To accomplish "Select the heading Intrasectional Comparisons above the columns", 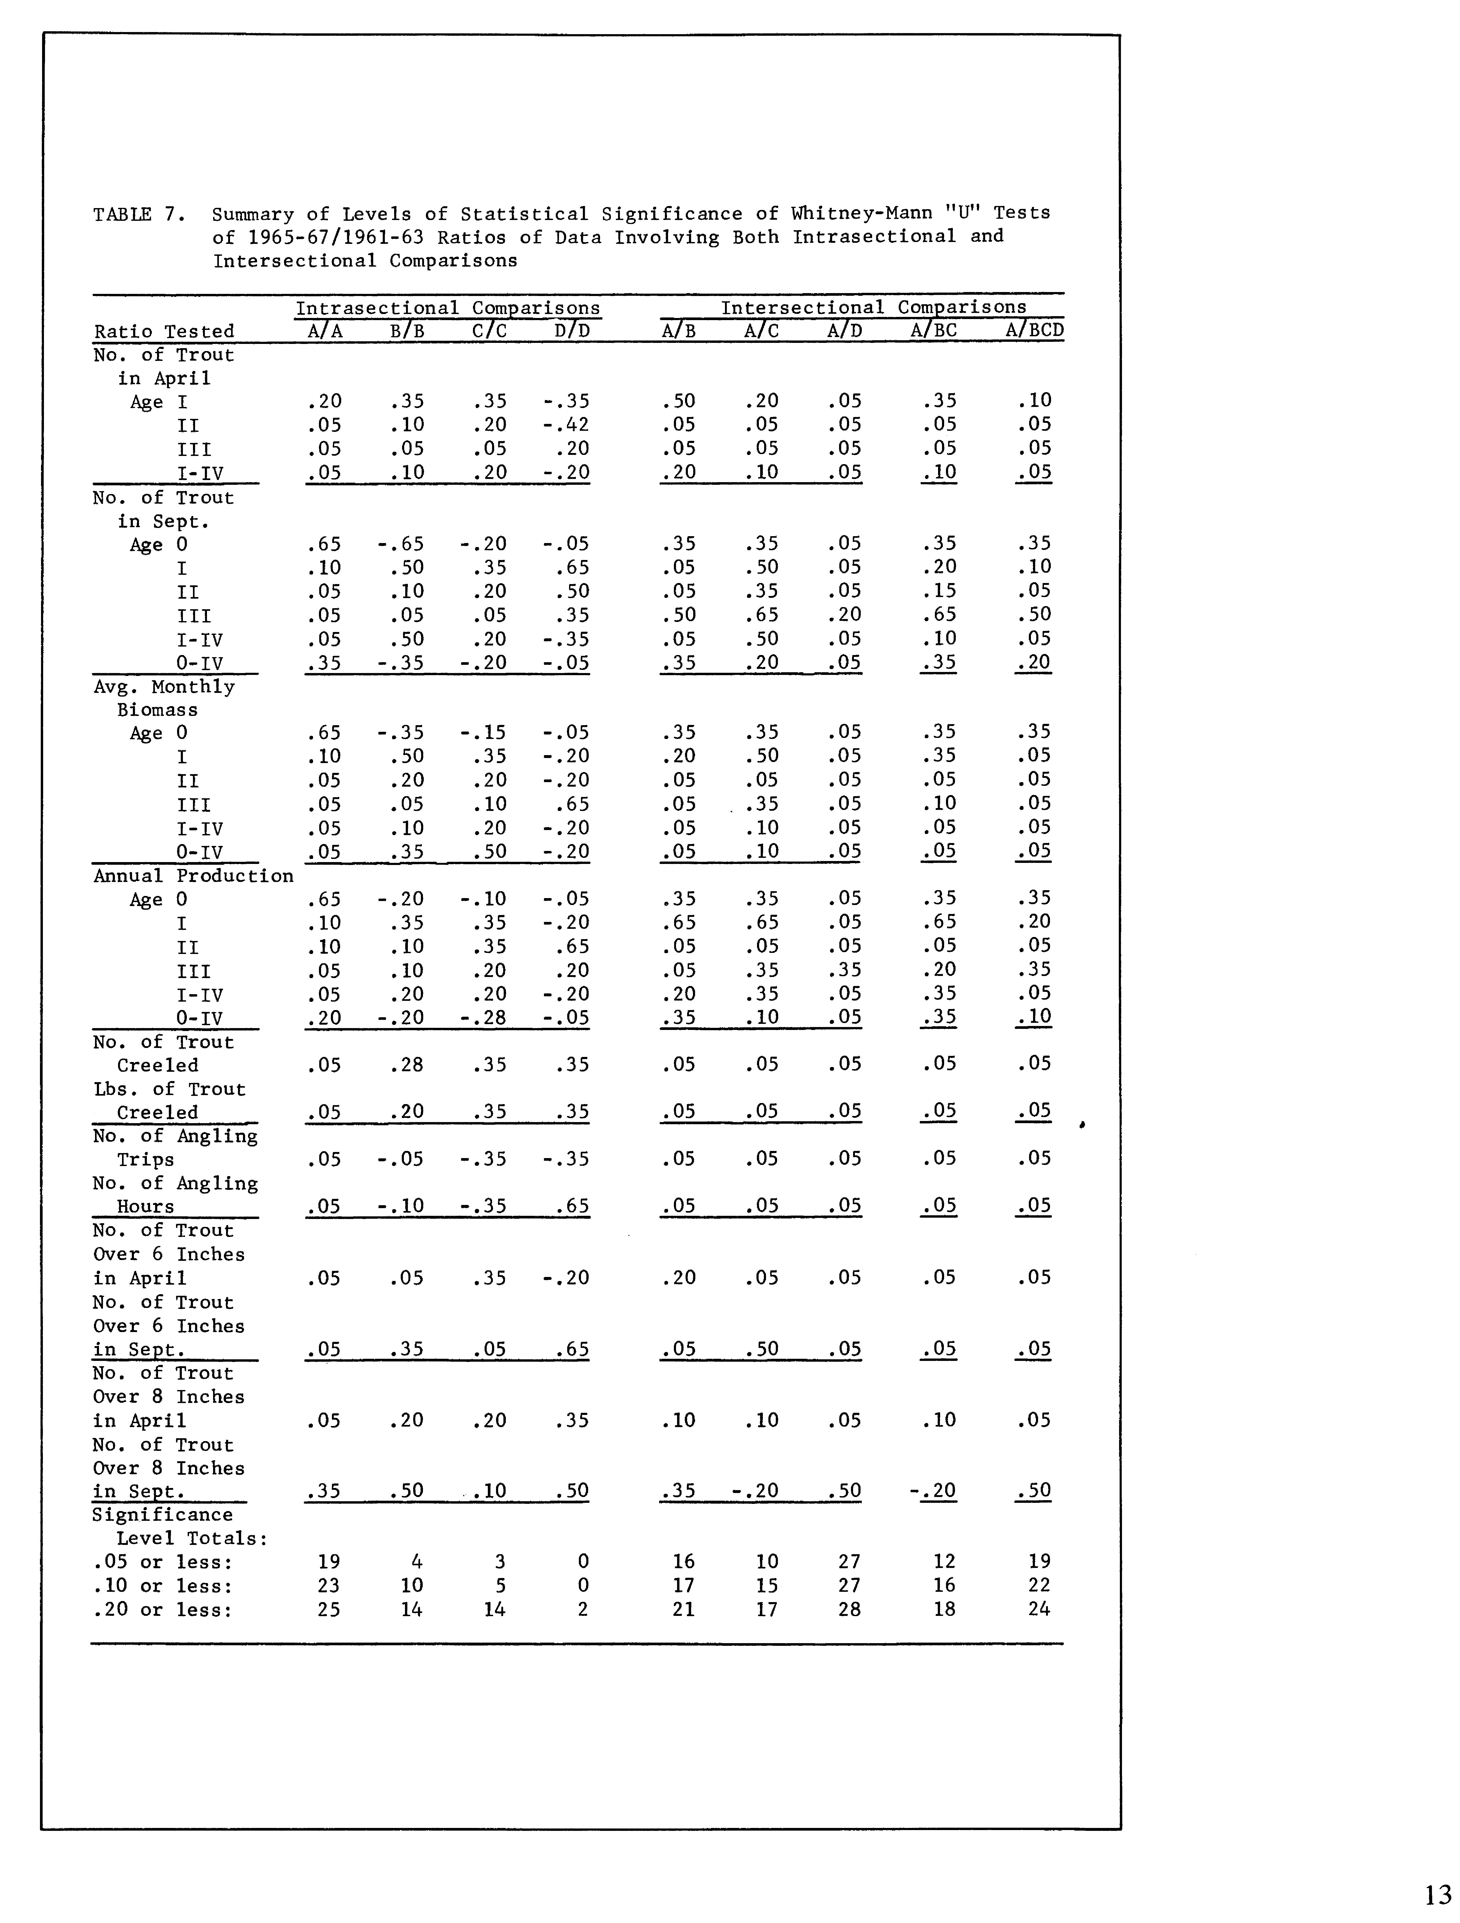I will [448, 308].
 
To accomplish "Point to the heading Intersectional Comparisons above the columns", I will [873, 307].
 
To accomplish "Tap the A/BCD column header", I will [1034, 330].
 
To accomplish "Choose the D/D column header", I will [572, 330].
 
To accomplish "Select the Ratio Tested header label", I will [164, 331].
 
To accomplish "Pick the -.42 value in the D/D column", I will [566, 425].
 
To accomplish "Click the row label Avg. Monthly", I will [164, 687].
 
